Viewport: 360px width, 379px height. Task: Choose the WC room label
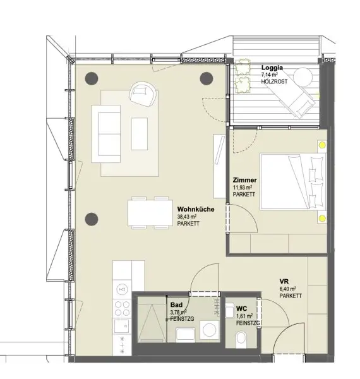click(241, 308)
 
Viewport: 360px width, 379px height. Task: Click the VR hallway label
click(285, 282)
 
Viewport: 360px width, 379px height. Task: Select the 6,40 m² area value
click(291, 289)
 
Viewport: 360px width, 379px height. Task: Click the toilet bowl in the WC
click(240, 341)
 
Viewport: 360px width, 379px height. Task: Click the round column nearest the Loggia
click(207, 78)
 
